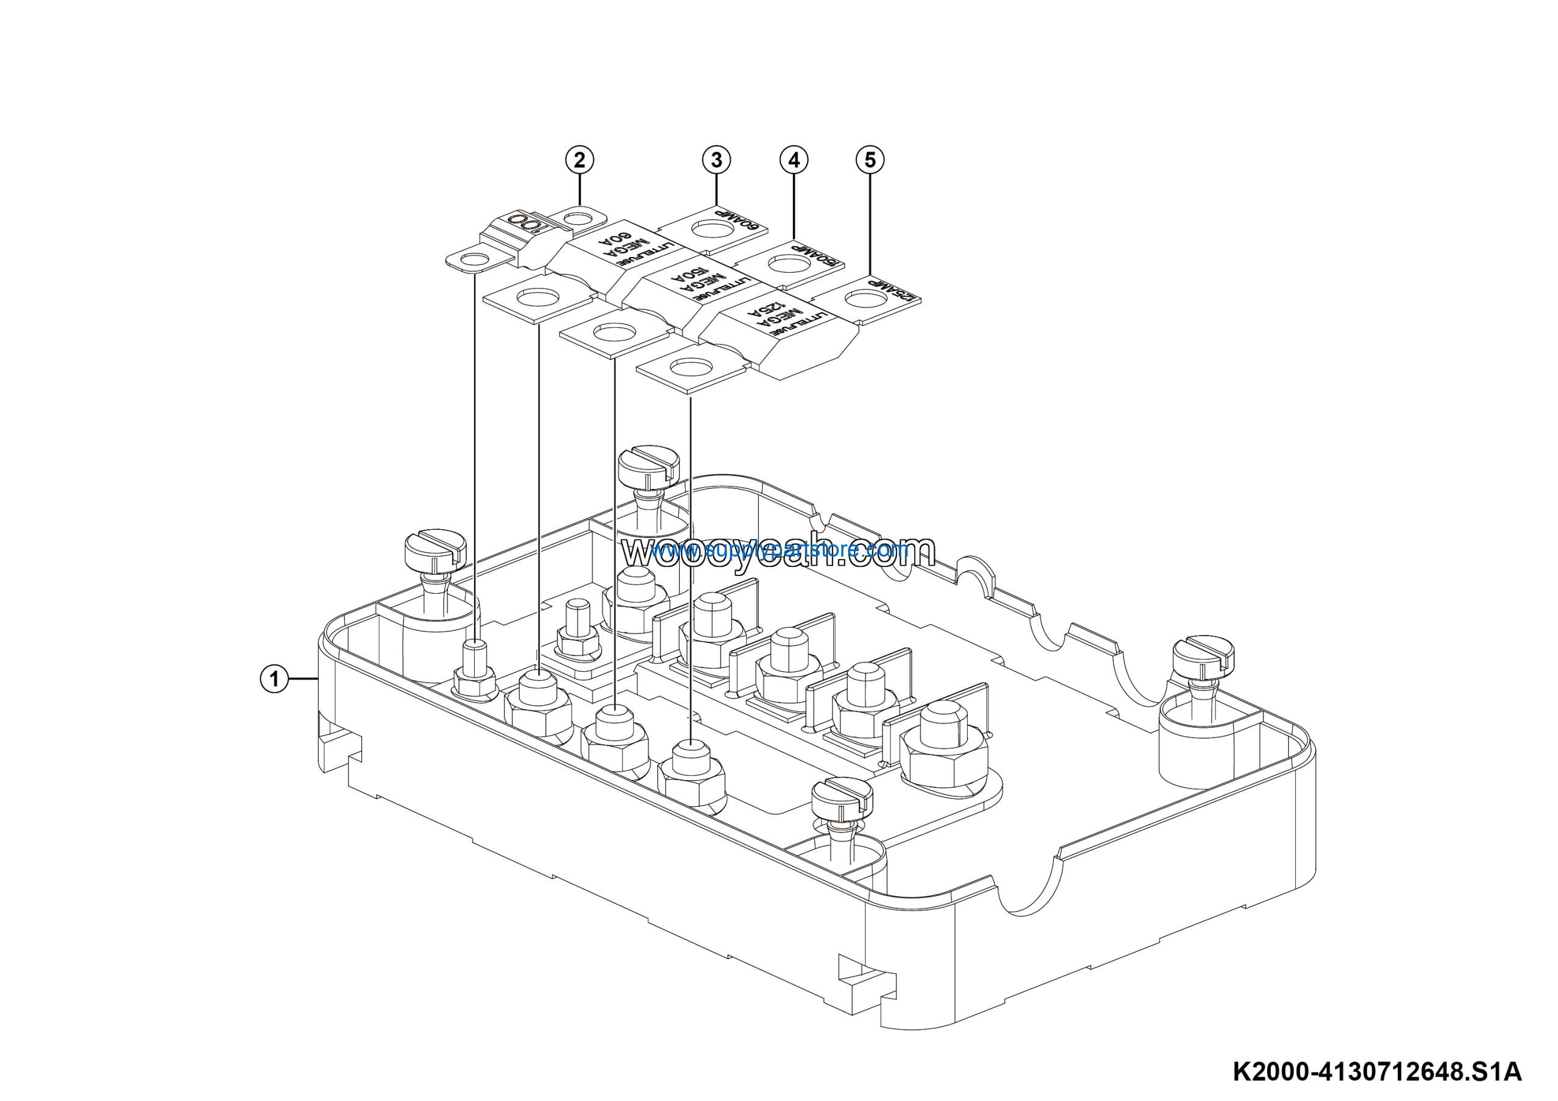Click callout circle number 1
(274, 678)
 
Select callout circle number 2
(579, 160)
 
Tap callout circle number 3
(716, 160)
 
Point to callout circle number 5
(870, 160)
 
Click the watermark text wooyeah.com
(778, 552)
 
